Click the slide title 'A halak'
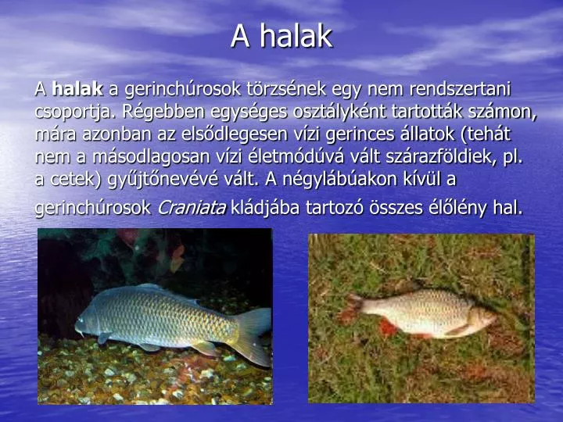coord(281,36)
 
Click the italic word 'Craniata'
coord(192,207)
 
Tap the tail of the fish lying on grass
coord(360,308)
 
